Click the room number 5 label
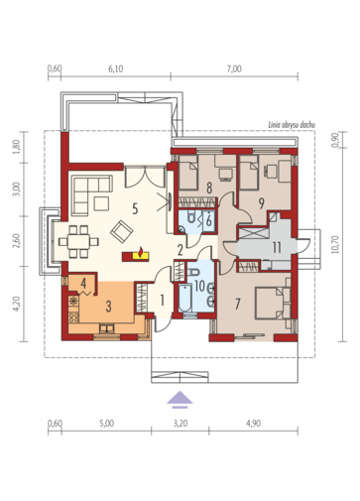tap(135, 209)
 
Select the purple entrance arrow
tap(180, 400)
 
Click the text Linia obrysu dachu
tap(292, 125)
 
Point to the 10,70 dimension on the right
tap(335, 244)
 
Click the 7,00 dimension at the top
tap(234, 68)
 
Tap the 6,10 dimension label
tap(116, 68)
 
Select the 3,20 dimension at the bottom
tap(180, 423)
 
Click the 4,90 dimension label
tap(254, 423)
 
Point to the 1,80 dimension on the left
tap(17, 147)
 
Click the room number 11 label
tap(277, 247)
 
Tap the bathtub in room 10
tap(184, 298)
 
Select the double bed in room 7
tap(273, 304)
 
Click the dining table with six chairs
tap(78, 242)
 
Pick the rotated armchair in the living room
tap(122, 231)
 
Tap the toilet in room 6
tap(191, 217)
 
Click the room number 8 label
tap(209, 188)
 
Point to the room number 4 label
tap(83, 283)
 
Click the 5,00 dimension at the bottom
tap(106, 423)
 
